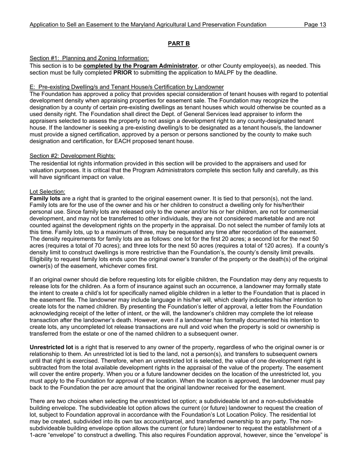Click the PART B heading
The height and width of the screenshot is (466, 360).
coord(179,44)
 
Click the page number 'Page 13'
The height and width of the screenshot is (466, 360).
coord(315,25)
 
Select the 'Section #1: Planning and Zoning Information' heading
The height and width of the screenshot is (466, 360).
coord(89,58)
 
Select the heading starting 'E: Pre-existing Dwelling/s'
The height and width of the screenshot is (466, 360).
coord(127,87)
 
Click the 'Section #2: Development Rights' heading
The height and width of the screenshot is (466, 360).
coord(72,156)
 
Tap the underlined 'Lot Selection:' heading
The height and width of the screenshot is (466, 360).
coord(47,192)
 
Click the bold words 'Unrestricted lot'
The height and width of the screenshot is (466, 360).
coord(51,347)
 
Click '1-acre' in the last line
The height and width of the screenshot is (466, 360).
coord(38,435)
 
